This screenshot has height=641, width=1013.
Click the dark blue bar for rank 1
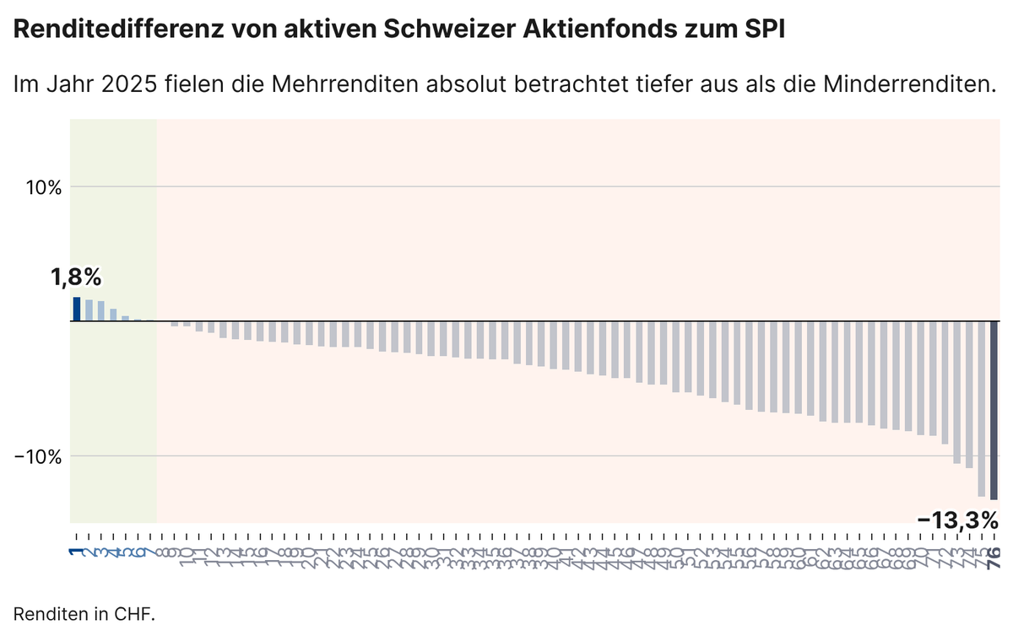pos(77,309)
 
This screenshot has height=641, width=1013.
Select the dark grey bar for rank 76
pos(994,410)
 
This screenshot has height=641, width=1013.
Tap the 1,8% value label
pos(76,277)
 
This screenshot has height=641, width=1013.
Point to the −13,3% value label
pos(957,520)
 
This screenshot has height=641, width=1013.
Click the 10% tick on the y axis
pos(42,186)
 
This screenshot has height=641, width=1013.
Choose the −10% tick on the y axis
pos(39,456)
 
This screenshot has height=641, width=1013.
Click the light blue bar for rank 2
pos(89,310)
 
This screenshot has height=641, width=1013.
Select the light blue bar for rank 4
pos(113,315)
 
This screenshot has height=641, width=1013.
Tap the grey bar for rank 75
pos(982,408)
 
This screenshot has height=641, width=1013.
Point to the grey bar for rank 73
pos(957,392)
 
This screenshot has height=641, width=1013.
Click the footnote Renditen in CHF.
pos(84,614)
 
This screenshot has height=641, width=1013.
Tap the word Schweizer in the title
pos(436,31)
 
